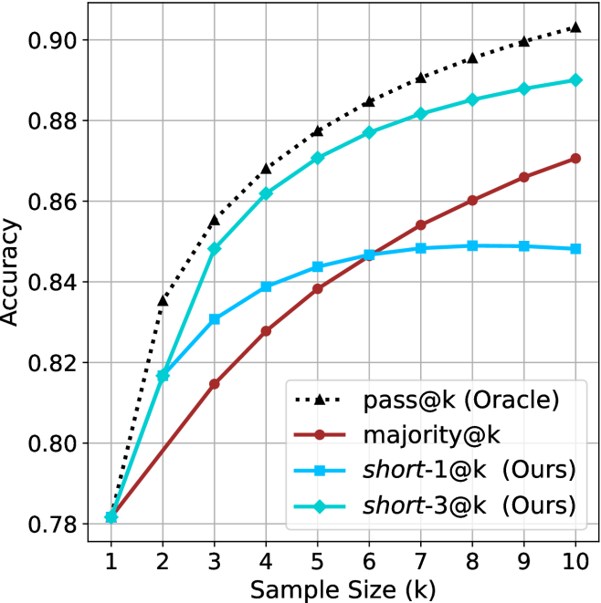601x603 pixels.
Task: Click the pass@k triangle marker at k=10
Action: [575, 27]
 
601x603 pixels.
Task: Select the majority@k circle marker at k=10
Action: [575, 158]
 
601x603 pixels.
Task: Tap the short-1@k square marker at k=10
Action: [575, 248]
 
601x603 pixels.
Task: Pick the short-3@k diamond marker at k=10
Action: [575, 80]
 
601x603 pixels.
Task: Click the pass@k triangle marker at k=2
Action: [163, 299]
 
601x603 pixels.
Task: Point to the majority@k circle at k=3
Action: [215, 384]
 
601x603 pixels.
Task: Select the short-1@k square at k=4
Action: [266, 286]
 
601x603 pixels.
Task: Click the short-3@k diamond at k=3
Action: [215, 248]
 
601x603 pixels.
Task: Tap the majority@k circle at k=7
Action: [421, 224]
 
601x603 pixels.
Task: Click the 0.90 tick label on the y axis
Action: [62, 40]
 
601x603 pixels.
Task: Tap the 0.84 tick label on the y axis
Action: [62, 282]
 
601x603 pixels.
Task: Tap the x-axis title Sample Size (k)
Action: [343, 587]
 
